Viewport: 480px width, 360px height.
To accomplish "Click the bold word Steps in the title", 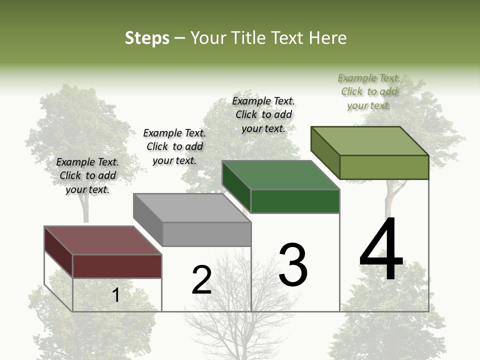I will (x=147, y=38).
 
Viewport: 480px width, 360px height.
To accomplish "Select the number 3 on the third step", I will (x=293, y=264).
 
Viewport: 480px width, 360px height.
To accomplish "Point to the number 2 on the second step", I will (x=202, y=280).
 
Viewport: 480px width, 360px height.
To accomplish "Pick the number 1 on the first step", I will (x=115, y=295).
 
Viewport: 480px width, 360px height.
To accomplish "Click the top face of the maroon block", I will (x=102, y=240).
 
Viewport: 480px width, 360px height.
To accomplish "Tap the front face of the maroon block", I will (x=117, y=266).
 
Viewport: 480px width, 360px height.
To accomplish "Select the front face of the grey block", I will (x=206, y=234).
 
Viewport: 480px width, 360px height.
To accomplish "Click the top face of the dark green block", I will (x=280, y=175).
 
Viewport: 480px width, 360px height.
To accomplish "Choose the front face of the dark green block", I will (x=295, y=201).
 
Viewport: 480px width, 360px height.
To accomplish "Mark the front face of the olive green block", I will (x=384, y=167).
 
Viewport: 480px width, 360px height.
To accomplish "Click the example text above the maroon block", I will (x=87, y=175).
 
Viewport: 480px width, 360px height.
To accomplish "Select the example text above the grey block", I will (x=174, y=146).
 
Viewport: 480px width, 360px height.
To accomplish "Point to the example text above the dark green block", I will (x=263, y=114).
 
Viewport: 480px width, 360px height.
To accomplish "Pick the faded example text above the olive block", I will (x=369, y=91).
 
